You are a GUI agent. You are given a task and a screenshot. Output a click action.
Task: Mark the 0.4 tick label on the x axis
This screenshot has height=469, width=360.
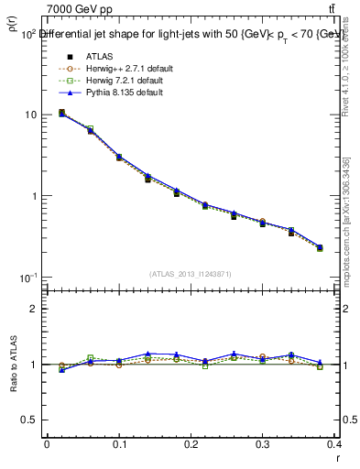[x=333, y=446]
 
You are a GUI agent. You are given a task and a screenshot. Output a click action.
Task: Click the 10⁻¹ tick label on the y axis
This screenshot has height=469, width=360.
[x=28, y=277]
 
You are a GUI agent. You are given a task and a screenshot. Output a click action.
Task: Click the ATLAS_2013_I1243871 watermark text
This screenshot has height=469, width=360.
[x=191, y=274]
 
